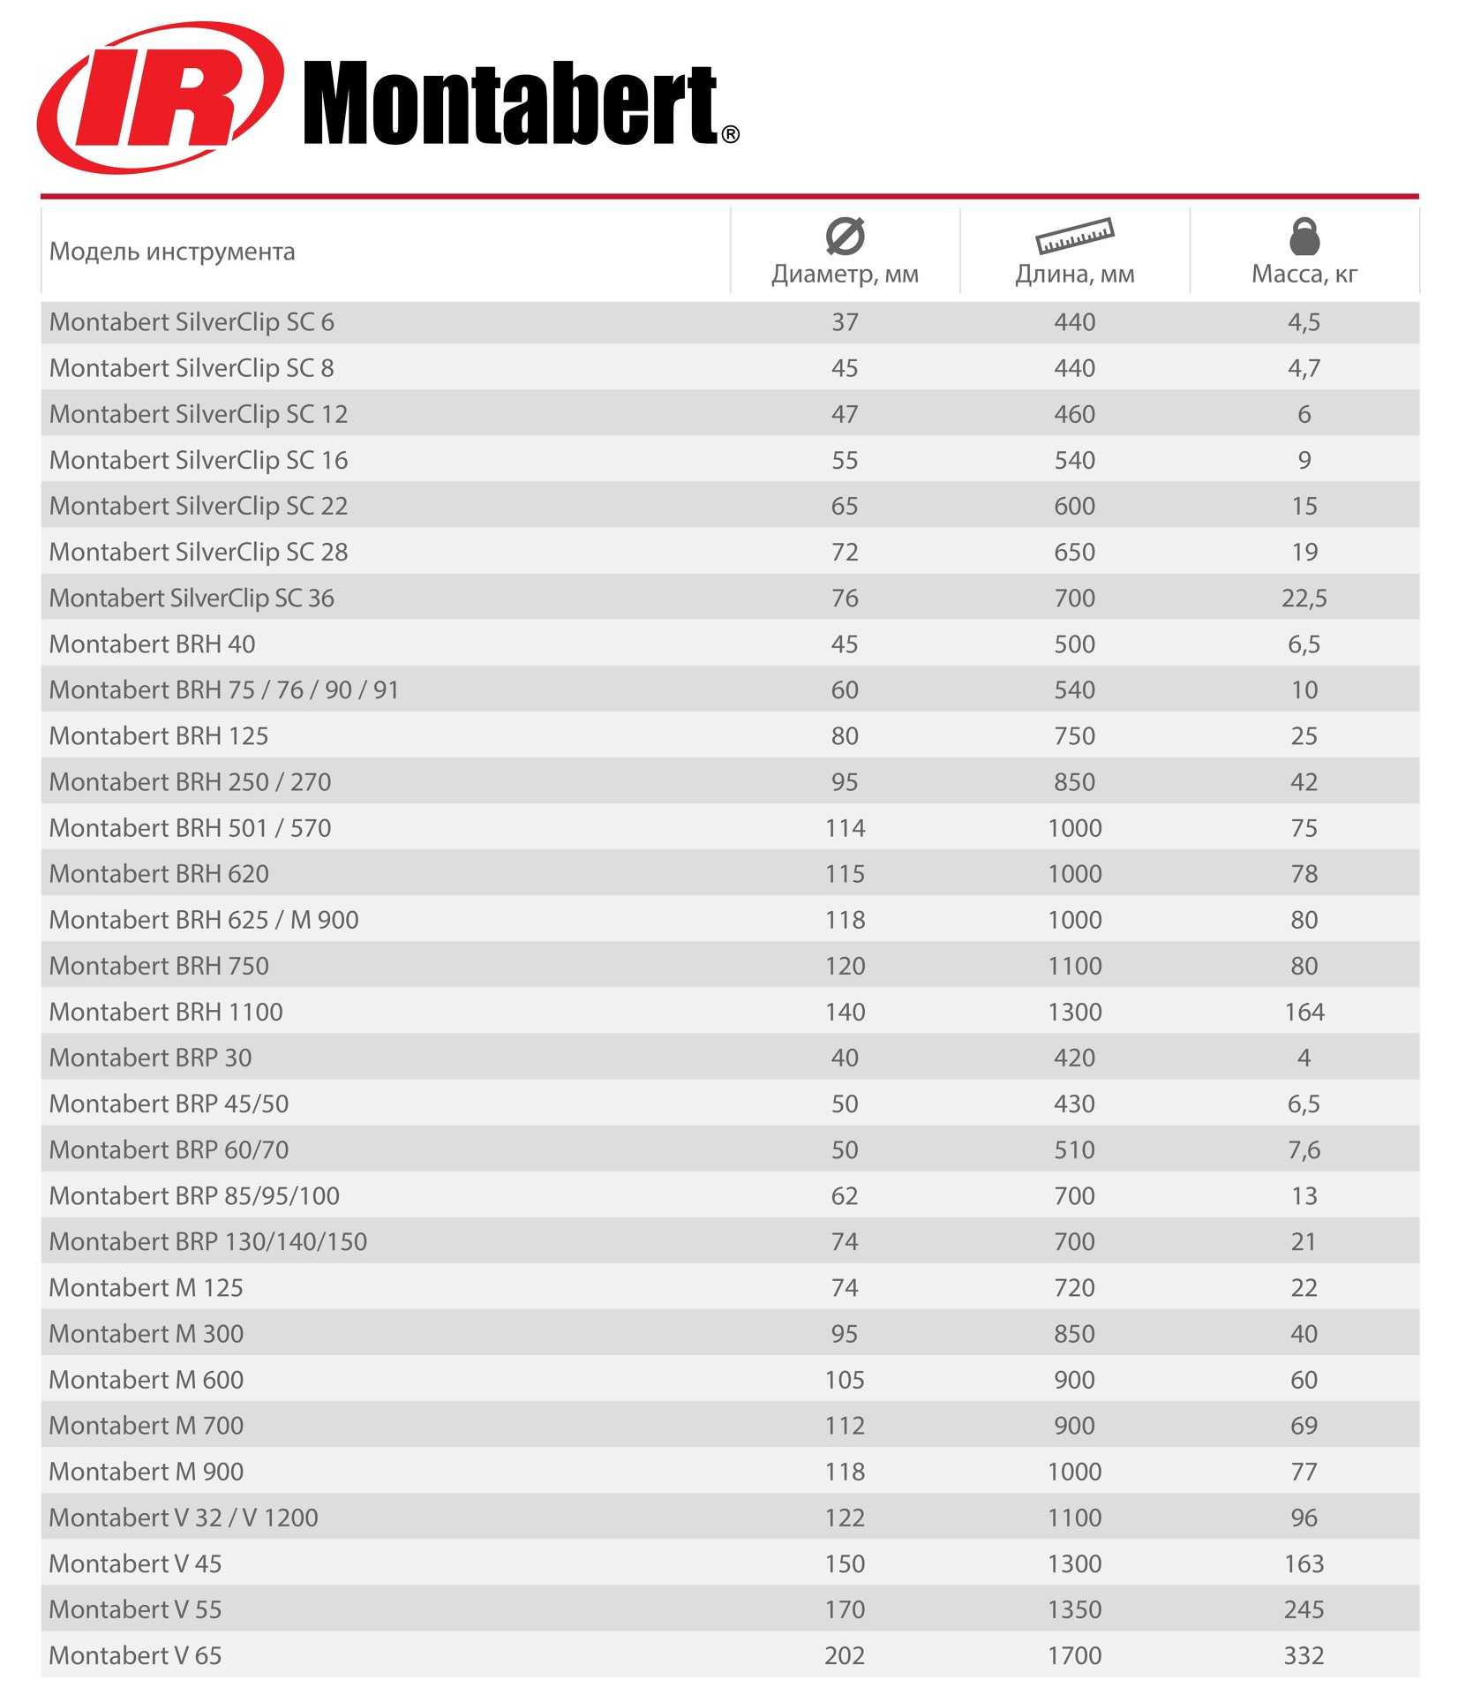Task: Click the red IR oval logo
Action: [159, 98]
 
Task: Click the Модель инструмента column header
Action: [172, 252]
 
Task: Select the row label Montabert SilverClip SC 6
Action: [192, 322]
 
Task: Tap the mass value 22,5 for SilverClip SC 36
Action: [1304, 599]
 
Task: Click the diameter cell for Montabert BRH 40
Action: [845, 644]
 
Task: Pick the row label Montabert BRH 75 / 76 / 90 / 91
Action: [224, 690]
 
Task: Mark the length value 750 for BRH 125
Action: [1074, 736]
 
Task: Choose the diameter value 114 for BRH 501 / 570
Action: [845, 828]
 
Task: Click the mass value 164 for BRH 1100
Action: [1304, 1012]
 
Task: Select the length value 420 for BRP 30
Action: [1074, 1058]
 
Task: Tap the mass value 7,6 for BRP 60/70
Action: [1304, 1149]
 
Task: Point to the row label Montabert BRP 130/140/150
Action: [208, 1242]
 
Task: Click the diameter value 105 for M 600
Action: [845, 1380]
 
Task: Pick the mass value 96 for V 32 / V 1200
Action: [1304, 1518]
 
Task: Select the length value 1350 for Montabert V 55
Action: [1074, 1609]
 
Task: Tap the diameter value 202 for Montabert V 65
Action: [845, 1655]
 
